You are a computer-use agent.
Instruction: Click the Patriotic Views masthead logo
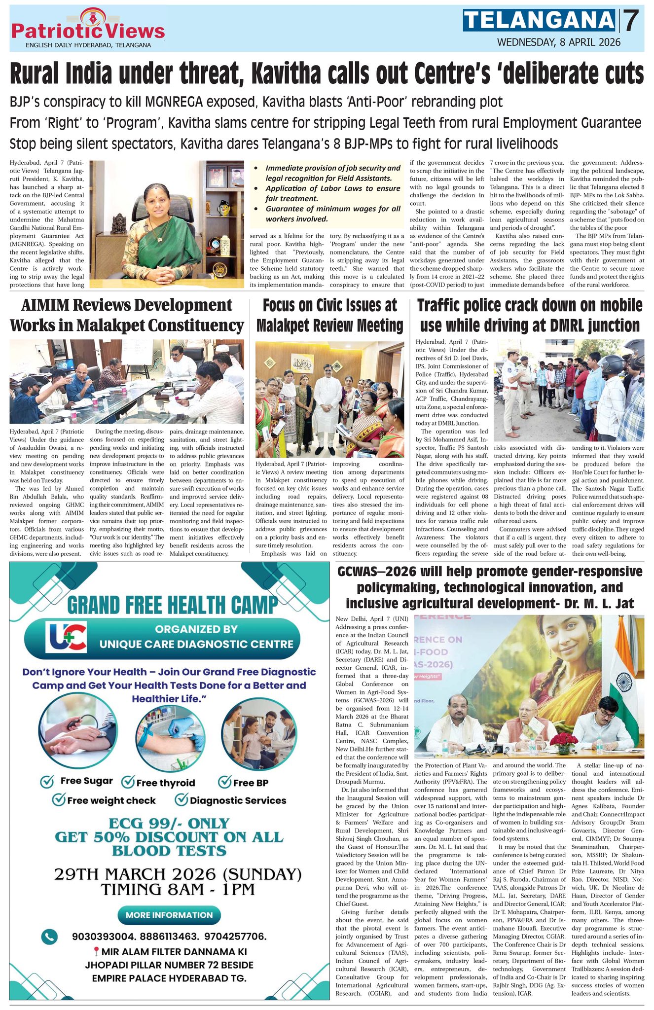(x=87, y=28)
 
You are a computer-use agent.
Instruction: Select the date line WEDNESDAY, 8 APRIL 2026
(x=558, y=42)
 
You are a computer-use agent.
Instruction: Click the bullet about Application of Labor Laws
(x=332, y=193)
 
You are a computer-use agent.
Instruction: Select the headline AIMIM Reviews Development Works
(x=126, y=315)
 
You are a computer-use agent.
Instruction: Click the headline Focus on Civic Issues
(x=329, y=315)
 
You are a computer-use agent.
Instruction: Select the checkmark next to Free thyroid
(x=128, y=781)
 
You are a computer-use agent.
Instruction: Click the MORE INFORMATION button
(x=169, y=915)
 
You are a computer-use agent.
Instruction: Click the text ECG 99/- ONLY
(x=169, y=823)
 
